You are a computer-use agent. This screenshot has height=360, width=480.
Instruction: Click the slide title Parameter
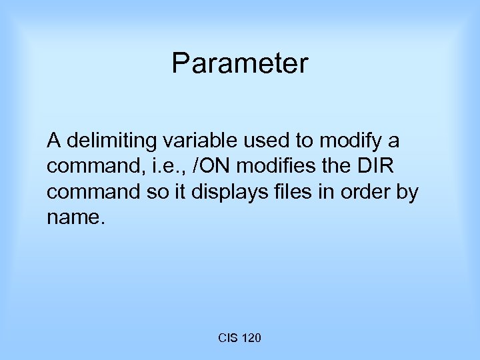(x=240, y=64)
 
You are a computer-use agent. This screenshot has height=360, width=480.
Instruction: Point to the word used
(x=249, y=141)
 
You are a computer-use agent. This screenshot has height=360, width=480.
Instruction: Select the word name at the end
(x=73, y=218)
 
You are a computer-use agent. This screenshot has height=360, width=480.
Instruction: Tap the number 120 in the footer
(x=249, y=338)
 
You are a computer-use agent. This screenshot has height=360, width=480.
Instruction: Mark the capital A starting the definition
(x=53, y=141)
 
